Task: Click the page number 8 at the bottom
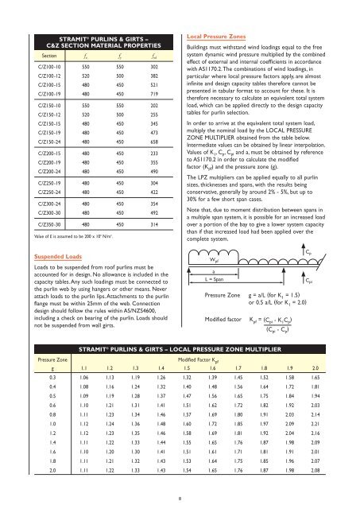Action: tap(180, 499)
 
